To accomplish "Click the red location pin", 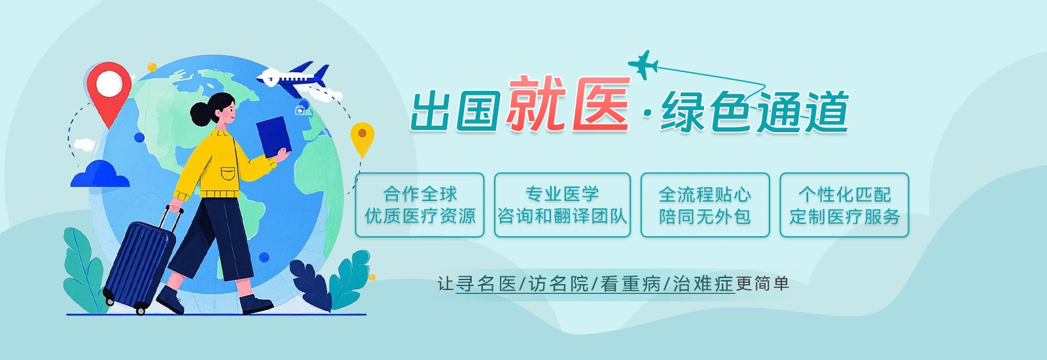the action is tap(109, 91).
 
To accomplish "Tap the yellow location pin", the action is tap(363, 138).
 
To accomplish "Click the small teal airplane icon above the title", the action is tap(643, 65).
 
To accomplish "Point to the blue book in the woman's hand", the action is tap(274, 137).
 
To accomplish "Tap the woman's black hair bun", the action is tap(201, 115).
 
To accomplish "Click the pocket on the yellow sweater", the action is tap(228, 173).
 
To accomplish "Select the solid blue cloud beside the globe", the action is tap(100, 174).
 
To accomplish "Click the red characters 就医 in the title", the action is tap(569, 104).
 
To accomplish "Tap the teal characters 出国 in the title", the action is tap(455, 111).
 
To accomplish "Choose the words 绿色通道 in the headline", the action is tap(754, 112).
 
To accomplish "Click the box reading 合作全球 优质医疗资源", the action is tap(419, 205).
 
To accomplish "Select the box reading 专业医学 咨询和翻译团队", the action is tap(562, 205).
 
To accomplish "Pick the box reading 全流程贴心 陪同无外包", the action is tap(705, 205).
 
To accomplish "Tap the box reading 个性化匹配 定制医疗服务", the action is tap(844, 205).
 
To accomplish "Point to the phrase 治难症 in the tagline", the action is tap(703, 284).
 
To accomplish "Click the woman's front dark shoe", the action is tap(255, 305).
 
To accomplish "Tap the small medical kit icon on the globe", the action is tap(300, 111).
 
